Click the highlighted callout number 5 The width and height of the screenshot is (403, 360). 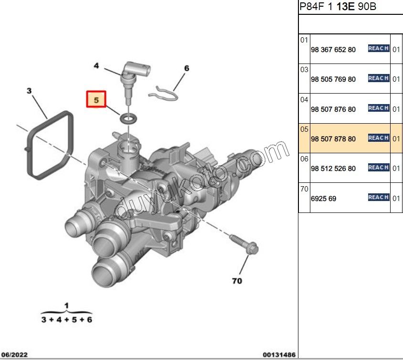[96, 100]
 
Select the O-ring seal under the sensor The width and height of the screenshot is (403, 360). [127, 117]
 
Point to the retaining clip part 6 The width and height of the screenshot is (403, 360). [163, 92]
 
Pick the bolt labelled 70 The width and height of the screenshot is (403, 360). [244, 244]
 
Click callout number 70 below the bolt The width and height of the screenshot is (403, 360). [237, 281]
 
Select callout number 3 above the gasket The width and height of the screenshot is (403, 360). [29, 90]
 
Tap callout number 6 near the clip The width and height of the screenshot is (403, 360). [187, 68]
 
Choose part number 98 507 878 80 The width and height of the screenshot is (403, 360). [333, 139]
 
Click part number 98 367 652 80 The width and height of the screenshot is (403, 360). [333, 50]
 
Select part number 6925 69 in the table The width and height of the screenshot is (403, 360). [323, 198]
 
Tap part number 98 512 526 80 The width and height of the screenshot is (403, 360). [333, 169]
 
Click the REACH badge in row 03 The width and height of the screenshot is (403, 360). [378, 78]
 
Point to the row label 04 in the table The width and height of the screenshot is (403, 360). [304, 100]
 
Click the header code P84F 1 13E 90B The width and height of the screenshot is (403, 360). [337, 7]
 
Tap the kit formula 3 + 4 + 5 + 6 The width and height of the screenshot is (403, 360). [66, 319]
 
